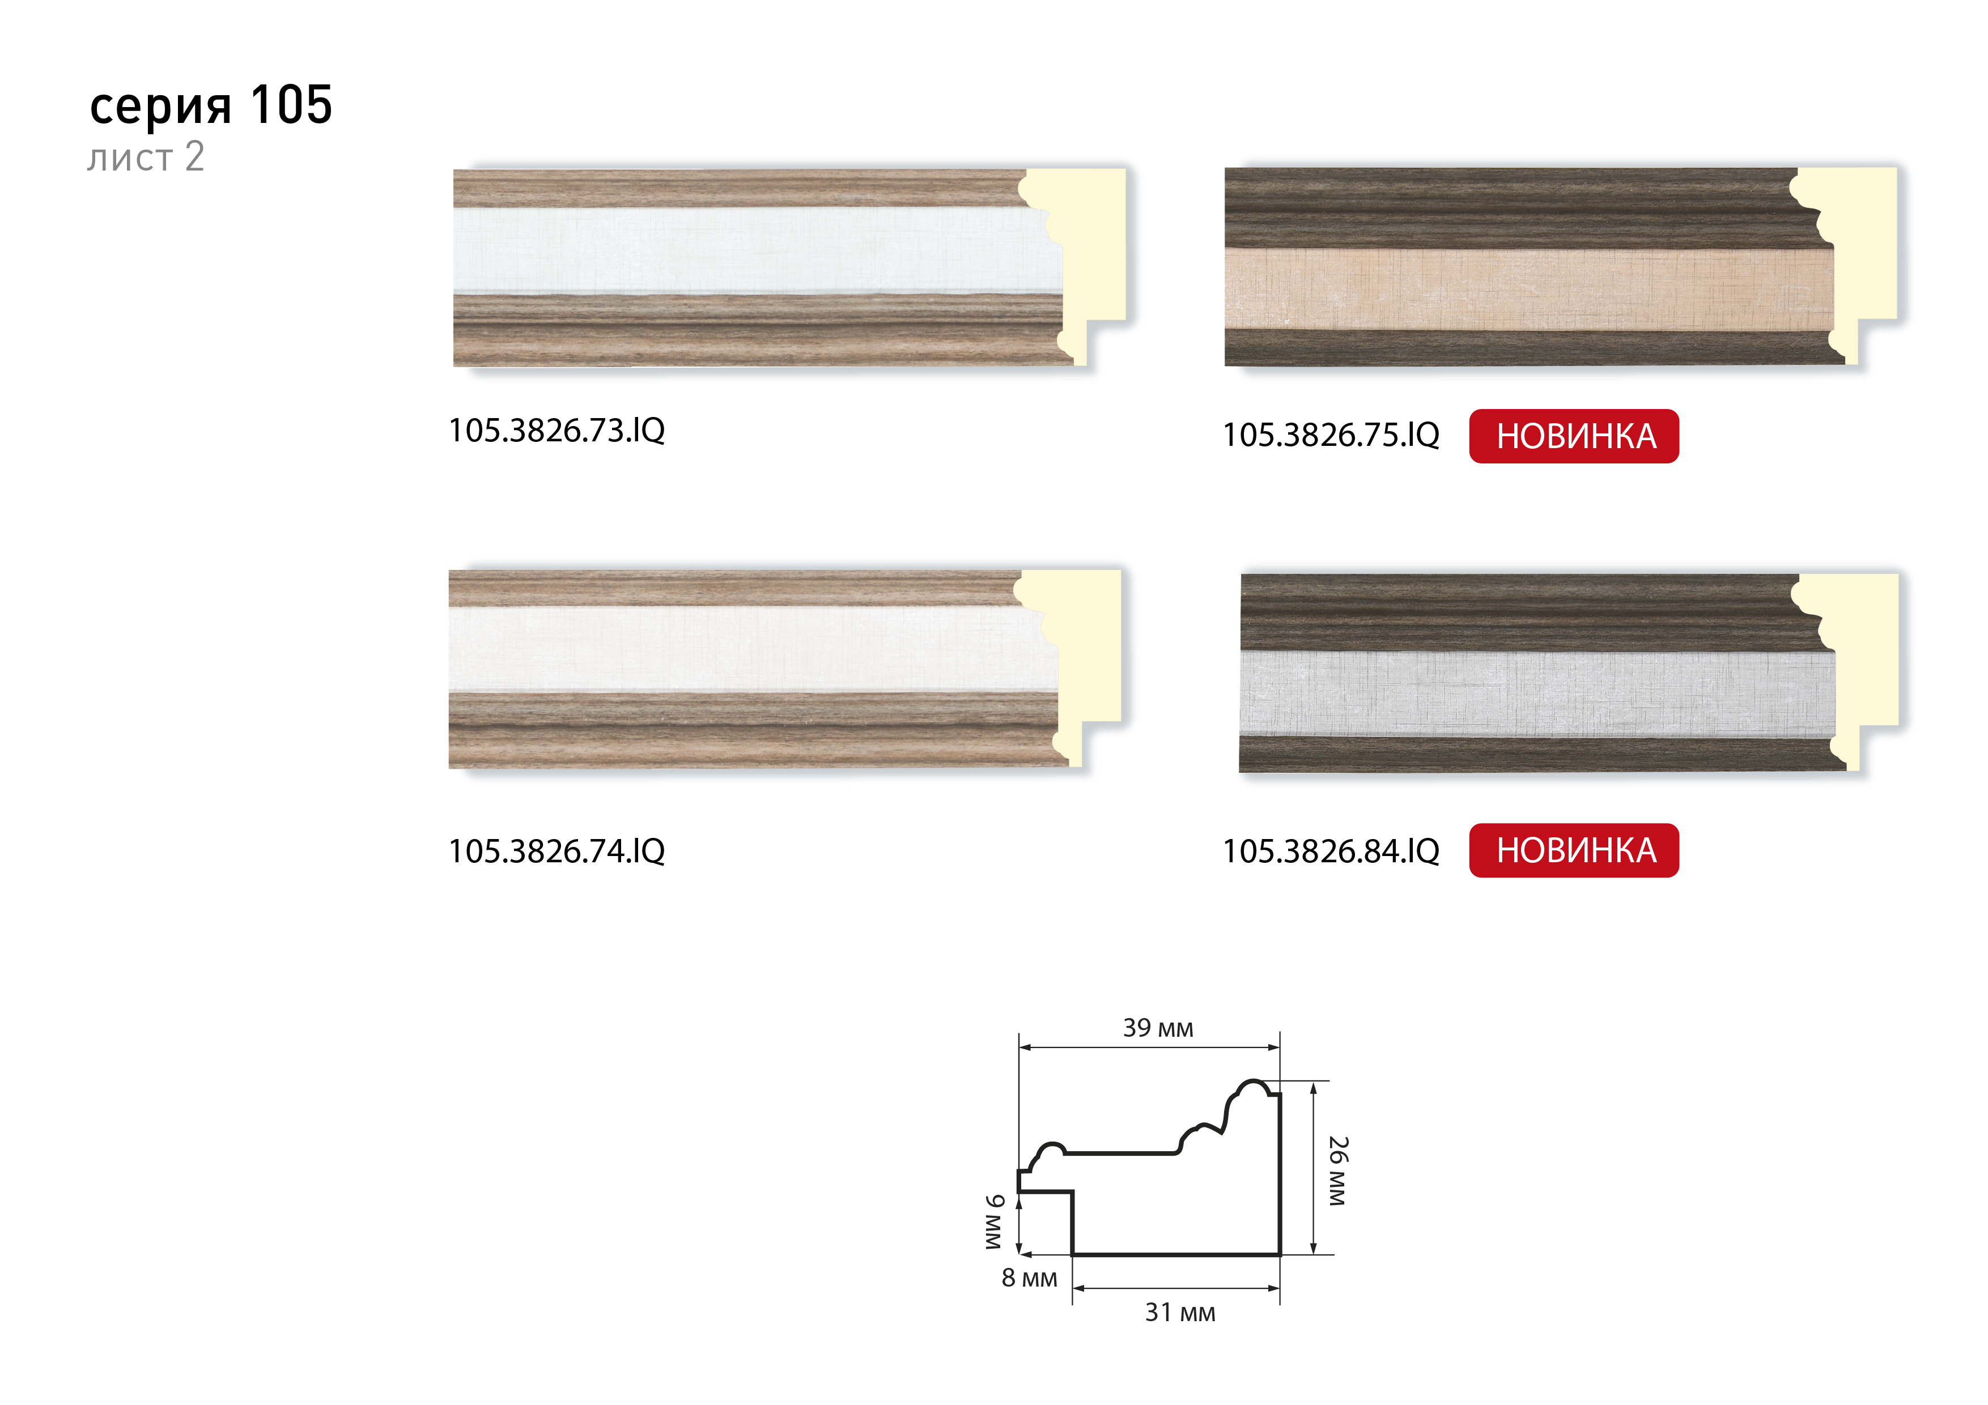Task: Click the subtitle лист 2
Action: point(146,157)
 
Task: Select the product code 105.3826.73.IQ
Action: point(557,430)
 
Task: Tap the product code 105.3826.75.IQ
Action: point(1331,435)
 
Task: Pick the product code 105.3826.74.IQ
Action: point(557,851)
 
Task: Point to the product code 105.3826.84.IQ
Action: point(1331,851)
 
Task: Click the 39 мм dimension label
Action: point(1158,1028)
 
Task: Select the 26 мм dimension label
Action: point(1339,1170)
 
